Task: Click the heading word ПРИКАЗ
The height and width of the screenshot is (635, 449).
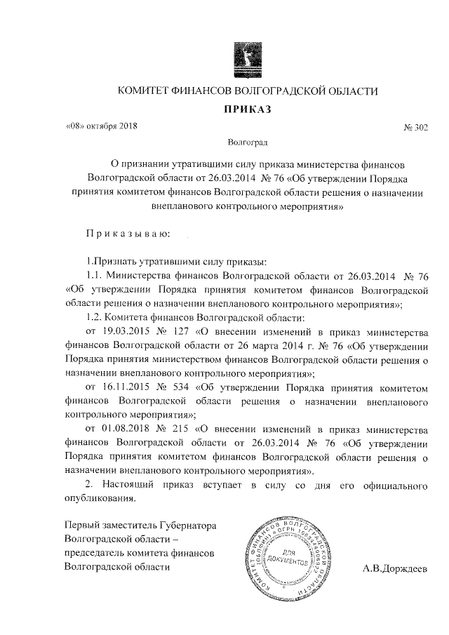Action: coord(247,109)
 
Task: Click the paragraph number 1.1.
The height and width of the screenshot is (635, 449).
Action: coord(93,274)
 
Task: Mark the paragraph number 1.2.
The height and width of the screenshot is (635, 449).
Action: coord(93,315)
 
